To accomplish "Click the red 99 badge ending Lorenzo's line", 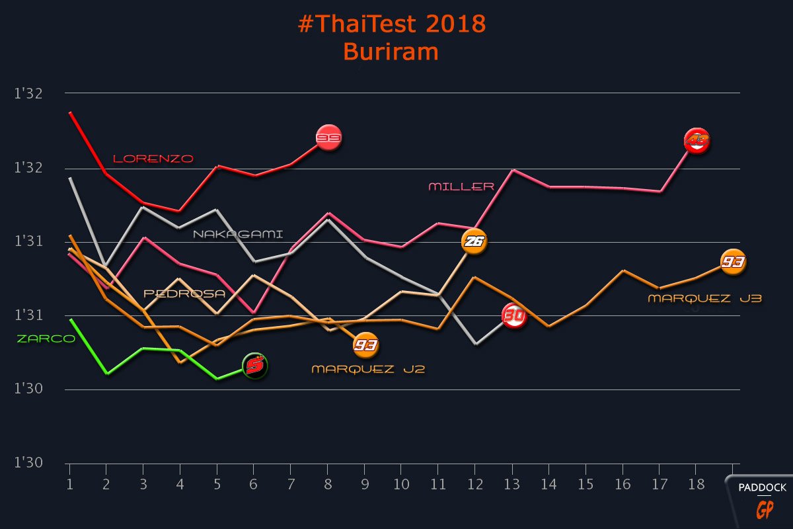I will coord(328,138).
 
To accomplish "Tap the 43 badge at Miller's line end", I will coord(697,141).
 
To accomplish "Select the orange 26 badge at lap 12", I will coord(474,242).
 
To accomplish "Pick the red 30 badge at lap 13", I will coord(514,316).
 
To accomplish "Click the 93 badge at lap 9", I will coord(365,345).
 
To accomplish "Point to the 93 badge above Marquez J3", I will coord(732,263).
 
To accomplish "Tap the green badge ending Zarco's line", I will coord(255,365).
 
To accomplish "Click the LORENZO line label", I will coord(153,159).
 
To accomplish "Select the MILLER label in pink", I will coord(461,186).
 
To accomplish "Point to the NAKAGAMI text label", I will coord(238,234).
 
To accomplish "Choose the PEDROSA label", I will coord(185,294).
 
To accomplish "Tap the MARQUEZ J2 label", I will coord(368,369).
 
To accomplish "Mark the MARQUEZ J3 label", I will coord(704,299).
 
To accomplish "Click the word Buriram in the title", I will coord(391,52).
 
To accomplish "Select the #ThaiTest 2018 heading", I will coord(392,24).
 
